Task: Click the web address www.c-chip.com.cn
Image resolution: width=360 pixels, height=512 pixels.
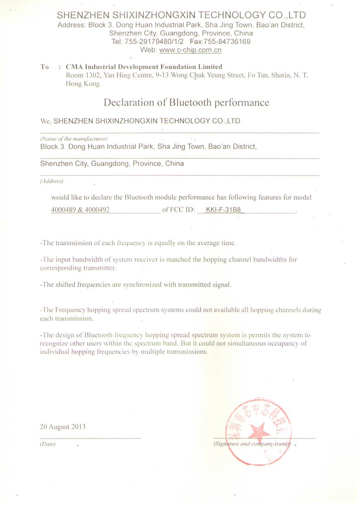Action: (190, 50)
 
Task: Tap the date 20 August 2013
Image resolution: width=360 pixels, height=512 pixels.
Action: (62, 427)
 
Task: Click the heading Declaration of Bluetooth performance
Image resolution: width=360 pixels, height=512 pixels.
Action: (186, 102)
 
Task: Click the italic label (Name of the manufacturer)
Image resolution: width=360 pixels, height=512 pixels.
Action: (74, 139)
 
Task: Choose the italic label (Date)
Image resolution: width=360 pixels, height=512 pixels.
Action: (48, 444)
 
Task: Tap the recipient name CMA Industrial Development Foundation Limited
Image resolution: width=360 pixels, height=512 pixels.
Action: (144, 67)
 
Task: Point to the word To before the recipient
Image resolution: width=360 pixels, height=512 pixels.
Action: (44, 67)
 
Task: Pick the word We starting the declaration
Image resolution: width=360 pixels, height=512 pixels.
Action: (45, 121)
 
